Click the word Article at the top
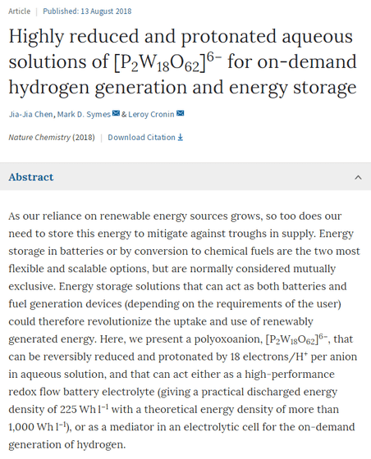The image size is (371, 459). coord(20,11)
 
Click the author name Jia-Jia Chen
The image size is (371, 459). coord(30,114)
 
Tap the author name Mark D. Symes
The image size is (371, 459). coord(84,114)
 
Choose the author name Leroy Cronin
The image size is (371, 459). coord(151,114)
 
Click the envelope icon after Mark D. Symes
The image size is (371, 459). coord(116,113)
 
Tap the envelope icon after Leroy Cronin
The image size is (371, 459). coord(181,113)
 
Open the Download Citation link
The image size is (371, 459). coord(145,138)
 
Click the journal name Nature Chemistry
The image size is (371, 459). coord(39,138)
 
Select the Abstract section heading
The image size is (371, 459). coord(30,177)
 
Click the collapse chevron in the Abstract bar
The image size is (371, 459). coord(358,177)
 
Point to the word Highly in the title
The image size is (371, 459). coord(36,37)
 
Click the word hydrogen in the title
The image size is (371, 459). coord(48,88)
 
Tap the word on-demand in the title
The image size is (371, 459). coord(307,61)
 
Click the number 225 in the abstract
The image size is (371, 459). coord(68,409)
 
